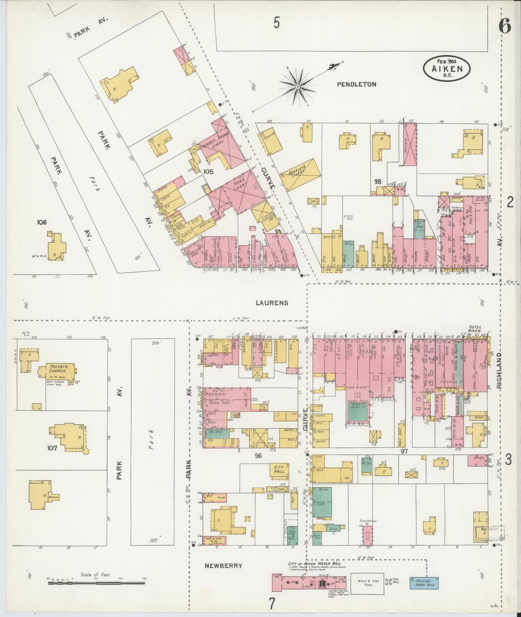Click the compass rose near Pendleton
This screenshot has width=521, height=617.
(x=298, y=87)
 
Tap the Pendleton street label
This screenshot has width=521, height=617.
(x=357, y=84)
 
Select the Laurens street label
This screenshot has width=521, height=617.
(x=272, y=303)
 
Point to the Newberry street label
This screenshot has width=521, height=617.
(x=223, y=566)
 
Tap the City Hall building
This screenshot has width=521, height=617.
(x=280, y=471)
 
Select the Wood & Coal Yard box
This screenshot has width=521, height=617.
(x=367, y=583)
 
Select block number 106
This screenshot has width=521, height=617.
(x=42, y=222)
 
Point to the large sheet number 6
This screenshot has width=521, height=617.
(x=505, y=26)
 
